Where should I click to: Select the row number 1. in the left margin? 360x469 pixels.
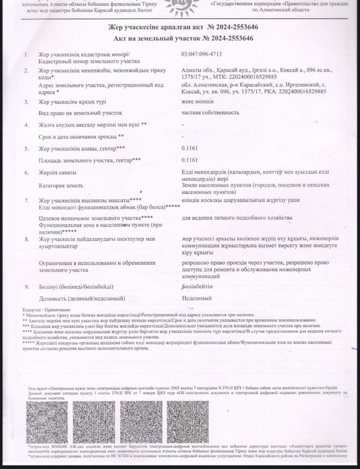[25, 54]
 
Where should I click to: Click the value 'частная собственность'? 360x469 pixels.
[205, 114]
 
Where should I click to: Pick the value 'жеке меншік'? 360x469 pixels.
[194, 102]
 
